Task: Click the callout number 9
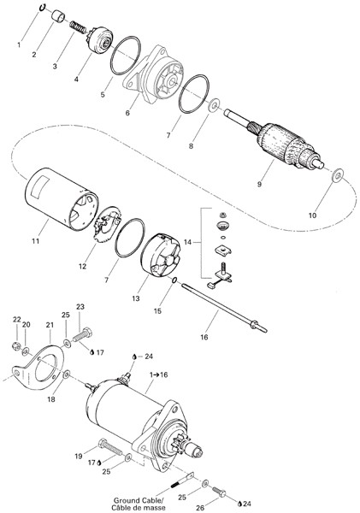click(x=259, y=184)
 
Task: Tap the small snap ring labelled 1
click(x=43, y=8)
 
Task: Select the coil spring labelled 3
click(x=78, y=27)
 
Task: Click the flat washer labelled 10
click(x=338, y=175)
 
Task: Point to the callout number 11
click(x=35, y=241)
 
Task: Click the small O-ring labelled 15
click(x=174, y=280)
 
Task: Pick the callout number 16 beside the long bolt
click(x=204, y=337)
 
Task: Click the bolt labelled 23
click(x=82, y=334)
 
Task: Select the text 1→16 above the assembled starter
click(x=159, y=374)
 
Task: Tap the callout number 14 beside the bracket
click(x=187, y=242)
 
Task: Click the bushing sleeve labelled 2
click(x=59, y=15)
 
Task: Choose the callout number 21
click(x=50, y=325)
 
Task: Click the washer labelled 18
click(x=66, y=374)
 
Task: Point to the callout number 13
click(x=136, y=298)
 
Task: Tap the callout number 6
click(x=127, y=113)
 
